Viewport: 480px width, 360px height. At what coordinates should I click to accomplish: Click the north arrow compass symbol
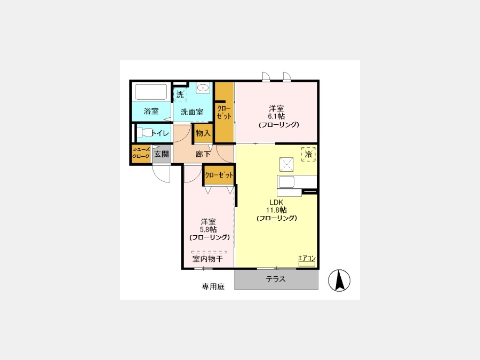click(339, 281)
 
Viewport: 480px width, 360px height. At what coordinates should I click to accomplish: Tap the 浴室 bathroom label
click(151, 111)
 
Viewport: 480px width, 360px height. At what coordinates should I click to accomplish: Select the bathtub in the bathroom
click(151, 92)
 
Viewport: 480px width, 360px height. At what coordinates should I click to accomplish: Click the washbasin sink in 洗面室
click(203, 88)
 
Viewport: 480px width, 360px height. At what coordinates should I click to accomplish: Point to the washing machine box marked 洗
click(180, 94)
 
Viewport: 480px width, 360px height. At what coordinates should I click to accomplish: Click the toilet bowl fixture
click(144, 133)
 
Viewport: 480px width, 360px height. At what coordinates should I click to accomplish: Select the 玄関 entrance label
click(161, 154)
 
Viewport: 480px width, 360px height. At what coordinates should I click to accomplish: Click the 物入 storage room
click(203, 133)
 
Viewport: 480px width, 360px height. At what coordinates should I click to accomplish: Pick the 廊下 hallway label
click(203, 154)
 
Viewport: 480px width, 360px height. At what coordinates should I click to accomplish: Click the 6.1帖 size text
click(276, 117)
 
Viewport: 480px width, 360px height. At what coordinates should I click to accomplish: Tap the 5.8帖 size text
click(209, 229)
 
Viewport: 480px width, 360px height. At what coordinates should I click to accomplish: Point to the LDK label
click(276, 202)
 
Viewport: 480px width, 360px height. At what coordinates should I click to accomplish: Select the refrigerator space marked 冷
click(309, 154)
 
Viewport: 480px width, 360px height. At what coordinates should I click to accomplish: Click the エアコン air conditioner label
click(307, 258)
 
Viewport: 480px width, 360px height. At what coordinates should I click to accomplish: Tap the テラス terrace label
click(276, 279)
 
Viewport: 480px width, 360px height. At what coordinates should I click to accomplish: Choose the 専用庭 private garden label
click(213, 286)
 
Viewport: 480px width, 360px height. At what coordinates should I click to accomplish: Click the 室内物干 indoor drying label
click(208, 259)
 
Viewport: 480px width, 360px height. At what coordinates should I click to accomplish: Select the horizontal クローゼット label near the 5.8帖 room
click(219, 175)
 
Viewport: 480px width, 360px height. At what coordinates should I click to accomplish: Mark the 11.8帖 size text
click(276, 210)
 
